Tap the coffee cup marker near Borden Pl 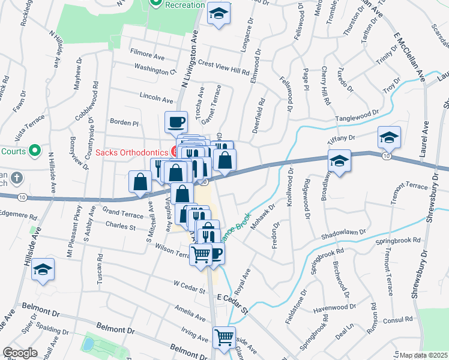pyautogui.click(x=176, y=122)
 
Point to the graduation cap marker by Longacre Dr pyautogui.click(x=218, y=14)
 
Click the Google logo pyautogui.click(x=20, y=353)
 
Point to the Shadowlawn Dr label pyautogui.click(x=343, y=234)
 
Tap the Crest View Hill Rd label pyautogui.click(x=223, y=66)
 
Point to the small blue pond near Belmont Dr pyautogui.click(x=89, y=344)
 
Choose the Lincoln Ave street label pyautogui.click(x=156, y=97)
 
